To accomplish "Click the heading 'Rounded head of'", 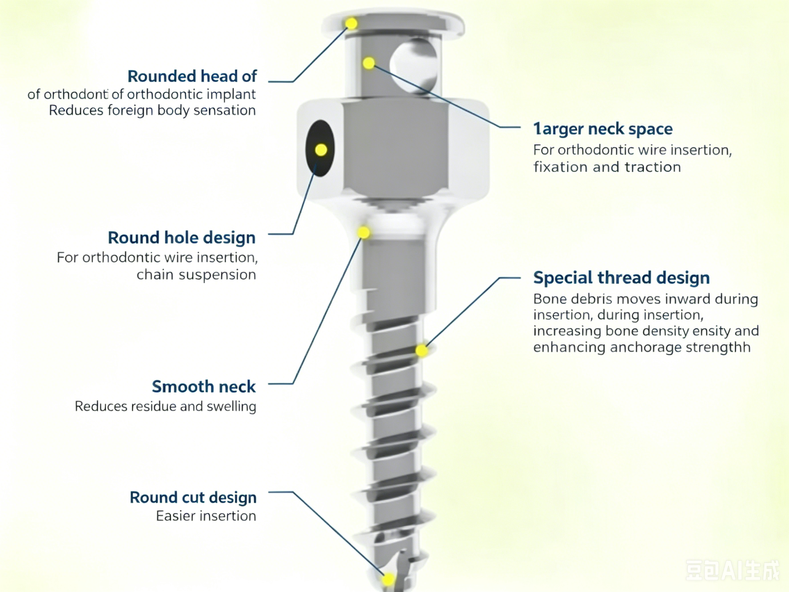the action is point(192,76).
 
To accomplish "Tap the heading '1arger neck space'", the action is point(603,129).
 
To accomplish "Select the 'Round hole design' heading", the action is point(182,238).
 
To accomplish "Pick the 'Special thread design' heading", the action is point(621,277).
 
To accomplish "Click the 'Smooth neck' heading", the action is point(204,386).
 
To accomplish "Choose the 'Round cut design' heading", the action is point(193,498).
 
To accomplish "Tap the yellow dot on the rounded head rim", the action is point(351,24).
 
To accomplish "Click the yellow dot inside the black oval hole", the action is point(321,150).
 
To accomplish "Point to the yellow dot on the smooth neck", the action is point(363,233).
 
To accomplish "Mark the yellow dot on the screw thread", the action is point(422,350).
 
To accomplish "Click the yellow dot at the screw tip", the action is point(388,580).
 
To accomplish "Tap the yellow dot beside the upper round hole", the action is point(369,63).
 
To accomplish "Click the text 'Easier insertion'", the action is point(206,516).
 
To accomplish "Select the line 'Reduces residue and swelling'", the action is point(166,406).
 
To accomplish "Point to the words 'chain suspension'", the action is point(196,275).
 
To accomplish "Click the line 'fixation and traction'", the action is point(607,167).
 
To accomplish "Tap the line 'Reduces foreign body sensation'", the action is point(152,111).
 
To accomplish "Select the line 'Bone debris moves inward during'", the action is point(645,299).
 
